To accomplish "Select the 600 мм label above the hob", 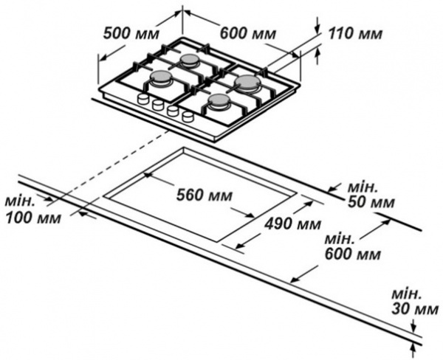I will tap(243, 33).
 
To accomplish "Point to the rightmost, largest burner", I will tap(248, 83).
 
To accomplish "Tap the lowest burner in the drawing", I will tap(219, 102).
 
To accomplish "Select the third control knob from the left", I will tap(172, 111).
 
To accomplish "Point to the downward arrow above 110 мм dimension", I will tap(317, 23).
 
